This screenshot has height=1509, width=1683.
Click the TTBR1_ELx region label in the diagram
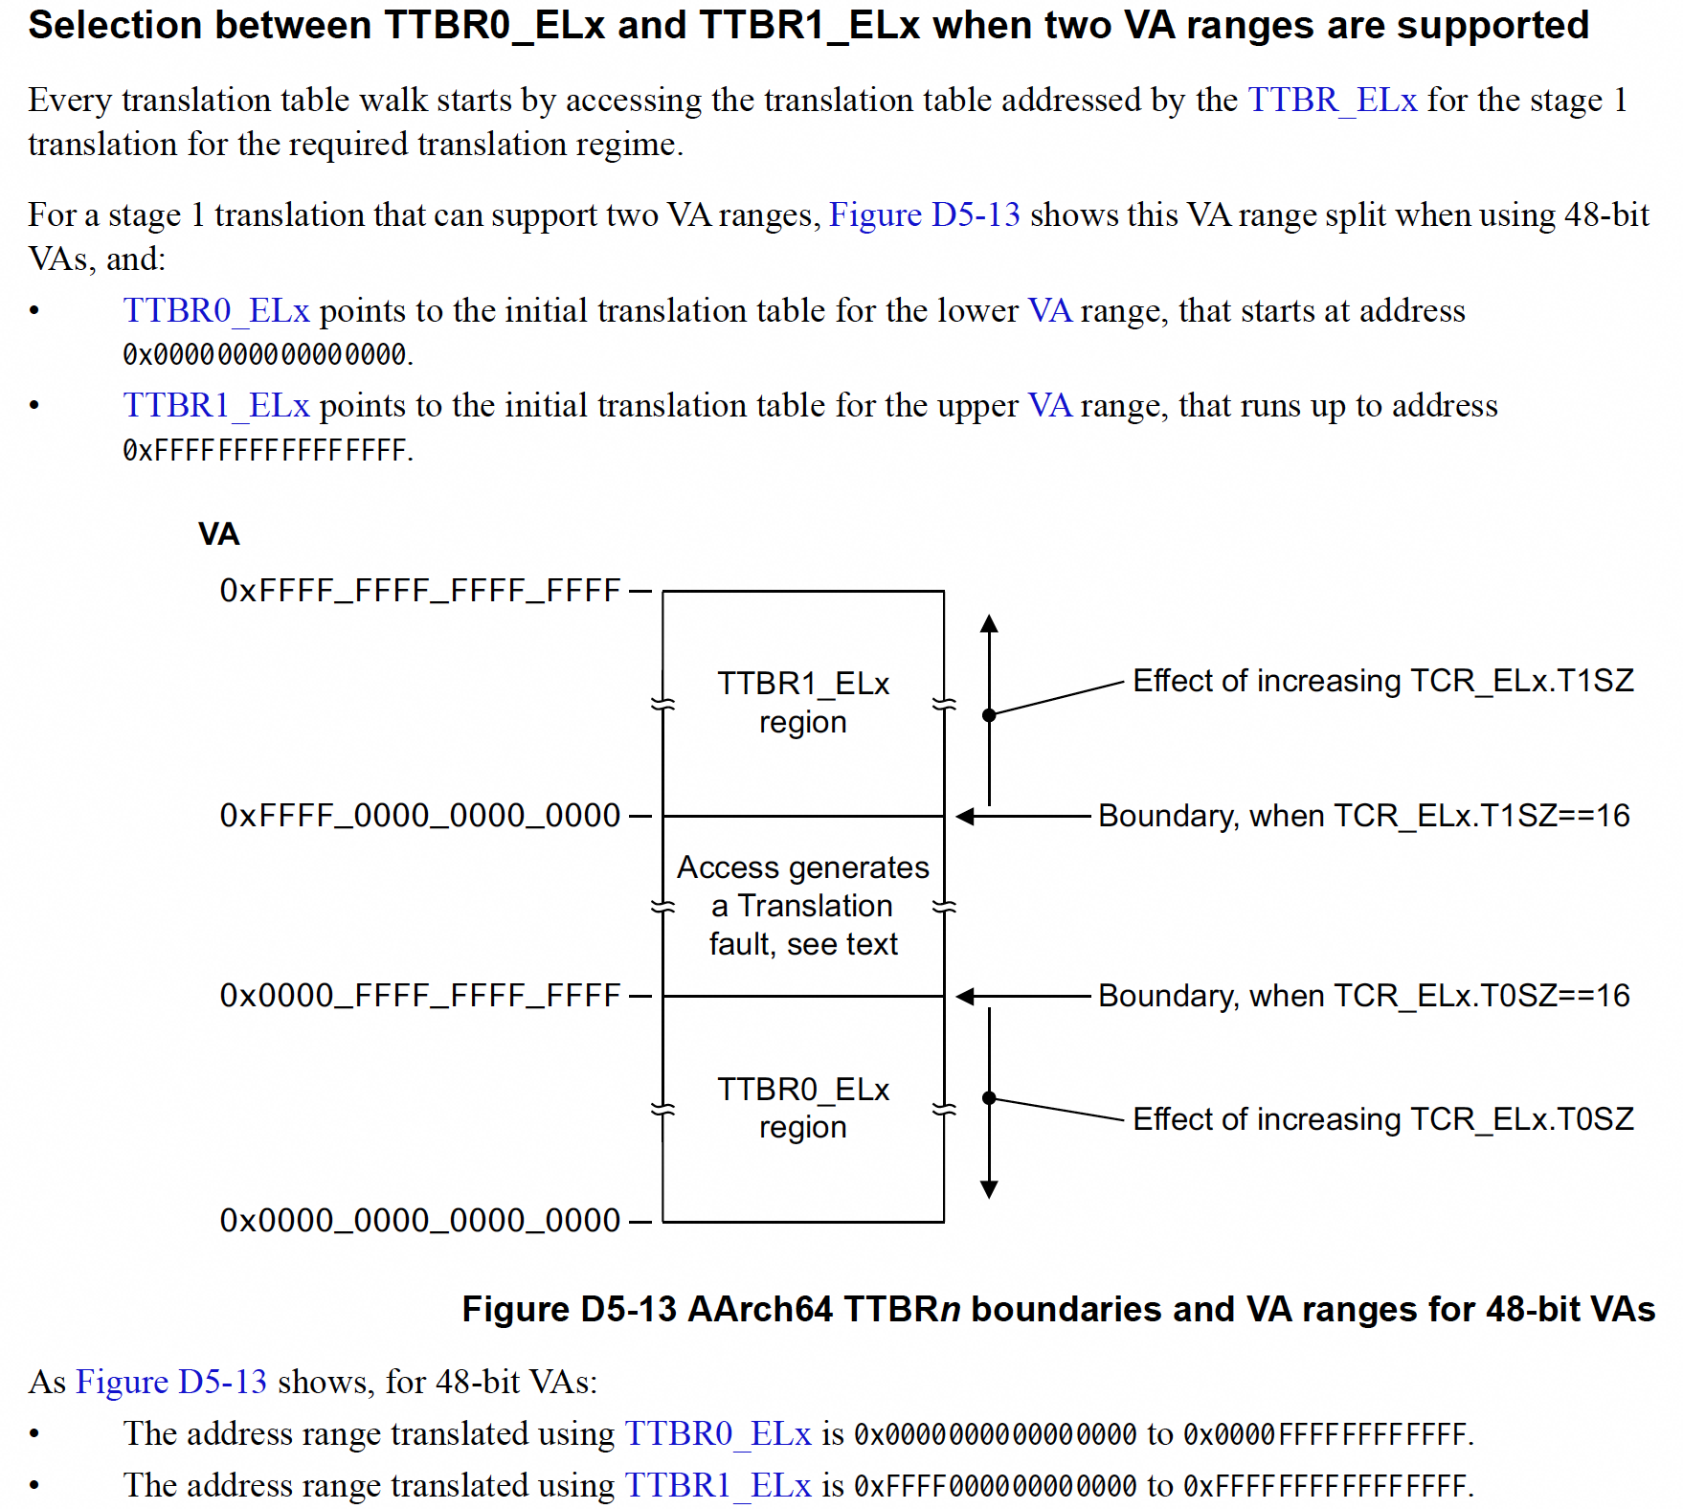803,702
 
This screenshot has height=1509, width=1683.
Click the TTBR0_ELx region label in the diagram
803,1108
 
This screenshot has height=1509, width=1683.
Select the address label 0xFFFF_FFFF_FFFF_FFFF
420,591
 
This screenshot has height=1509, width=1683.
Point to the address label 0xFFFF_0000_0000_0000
420,816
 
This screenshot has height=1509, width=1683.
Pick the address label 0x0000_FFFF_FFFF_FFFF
420,996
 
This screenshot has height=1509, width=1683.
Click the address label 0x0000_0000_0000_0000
420,1221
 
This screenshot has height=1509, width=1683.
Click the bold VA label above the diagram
218,533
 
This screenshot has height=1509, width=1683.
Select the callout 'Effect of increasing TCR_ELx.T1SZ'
1382,681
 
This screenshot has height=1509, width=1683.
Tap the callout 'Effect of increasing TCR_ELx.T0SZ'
1382,1118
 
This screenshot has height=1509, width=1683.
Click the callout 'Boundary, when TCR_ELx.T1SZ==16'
1363,816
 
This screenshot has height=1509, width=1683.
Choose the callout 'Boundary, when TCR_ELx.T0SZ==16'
1363,996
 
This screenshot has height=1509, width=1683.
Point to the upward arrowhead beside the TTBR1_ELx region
989,624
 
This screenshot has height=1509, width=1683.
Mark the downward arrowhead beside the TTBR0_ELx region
989,1189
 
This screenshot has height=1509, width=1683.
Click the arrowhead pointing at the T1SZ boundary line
965,816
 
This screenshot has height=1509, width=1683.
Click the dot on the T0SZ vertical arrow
989,1098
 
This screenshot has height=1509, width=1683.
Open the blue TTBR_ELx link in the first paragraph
1332,100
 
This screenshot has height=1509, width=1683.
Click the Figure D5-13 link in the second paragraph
924,214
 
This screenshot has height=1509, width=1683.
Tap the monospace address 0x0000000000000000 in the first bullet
265,355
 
